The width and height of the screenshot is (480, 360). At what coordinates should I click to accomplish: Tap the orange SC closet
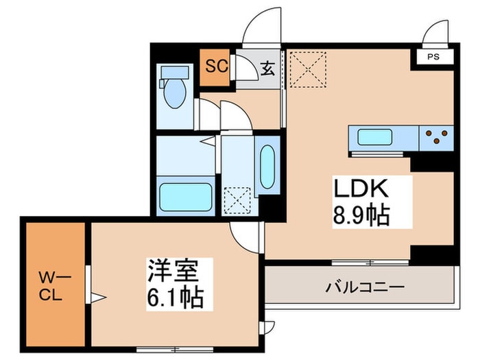(216, 68)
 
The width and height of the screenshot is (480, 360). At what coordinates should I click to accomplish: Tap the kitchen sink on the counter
(374, 137)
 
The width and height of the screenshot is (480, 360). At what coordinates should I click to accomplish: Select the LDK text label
(361, 189)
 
